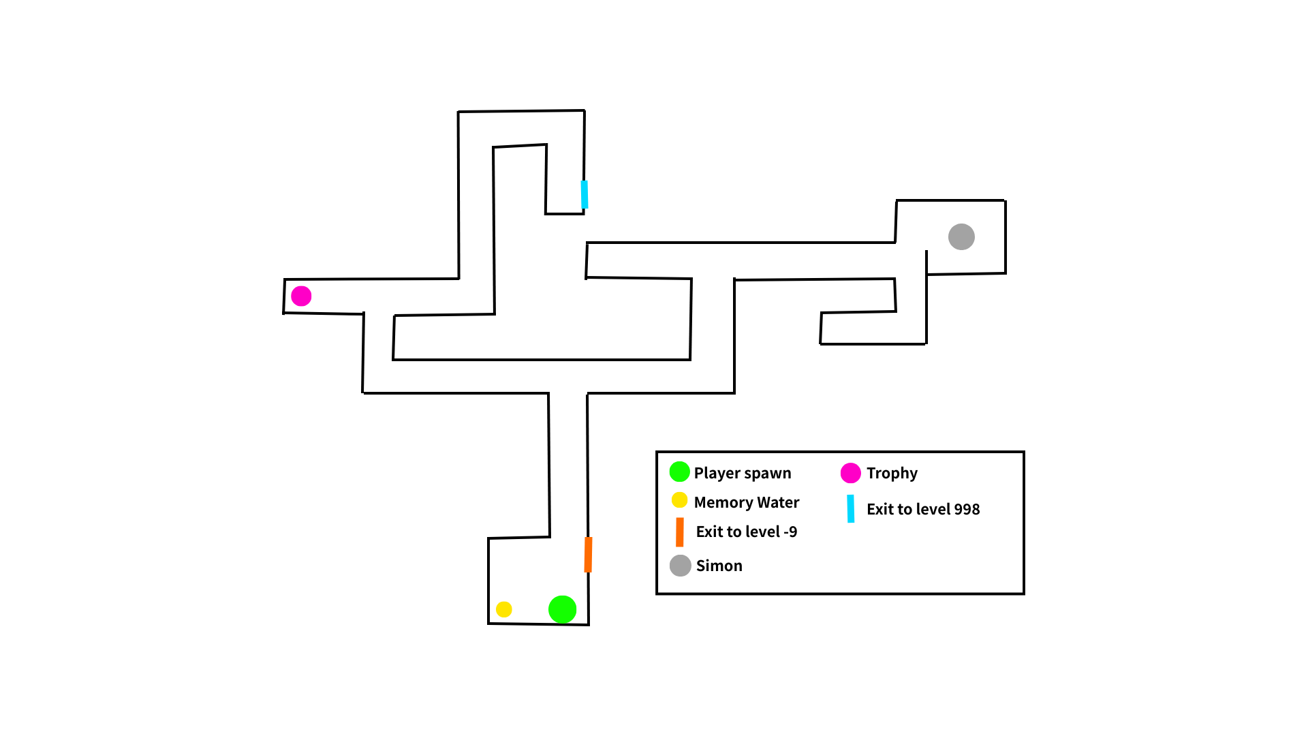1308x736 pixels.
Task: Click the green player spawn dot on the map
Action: [562, 609]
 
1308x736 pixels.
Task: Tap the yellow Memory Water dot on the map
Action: [503, 609]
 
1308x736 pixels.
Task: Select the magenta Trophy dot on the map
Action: [301, 296]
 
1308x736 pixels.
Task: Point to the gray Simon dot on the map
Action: [961, 236]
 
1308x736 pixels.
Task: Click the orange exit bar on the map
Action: [588, 555]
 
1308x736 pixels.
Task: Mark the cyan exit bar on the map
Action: [585, 194]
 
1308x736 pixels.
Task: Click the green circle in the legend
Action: [679, 472]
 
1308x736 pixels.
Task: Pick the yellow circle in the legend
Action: [679, 500]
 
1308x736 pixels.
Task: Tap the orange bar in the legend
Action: [679, 532]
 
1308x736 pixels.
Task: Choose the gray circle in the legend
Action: [680, 566]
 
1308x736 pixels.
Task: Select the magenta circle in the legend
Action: [850, 472]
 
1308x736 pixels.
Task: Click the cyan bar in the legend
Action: [850, 508]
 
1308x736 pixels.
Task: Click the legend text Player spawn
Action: [743, 473]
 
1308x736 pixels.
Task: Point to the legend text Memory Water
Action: [746, 502]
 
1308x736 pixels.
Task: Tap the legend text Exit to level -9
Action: [746, 532]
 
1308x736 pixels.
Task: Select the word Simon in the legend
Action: [719, 566]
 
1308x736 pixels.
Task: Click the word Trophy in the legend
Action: [892, 473]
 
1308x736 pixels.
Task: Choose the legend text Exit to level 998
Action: [922, 509]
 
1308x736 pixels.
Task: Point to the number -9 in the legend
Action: [790, 532]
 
